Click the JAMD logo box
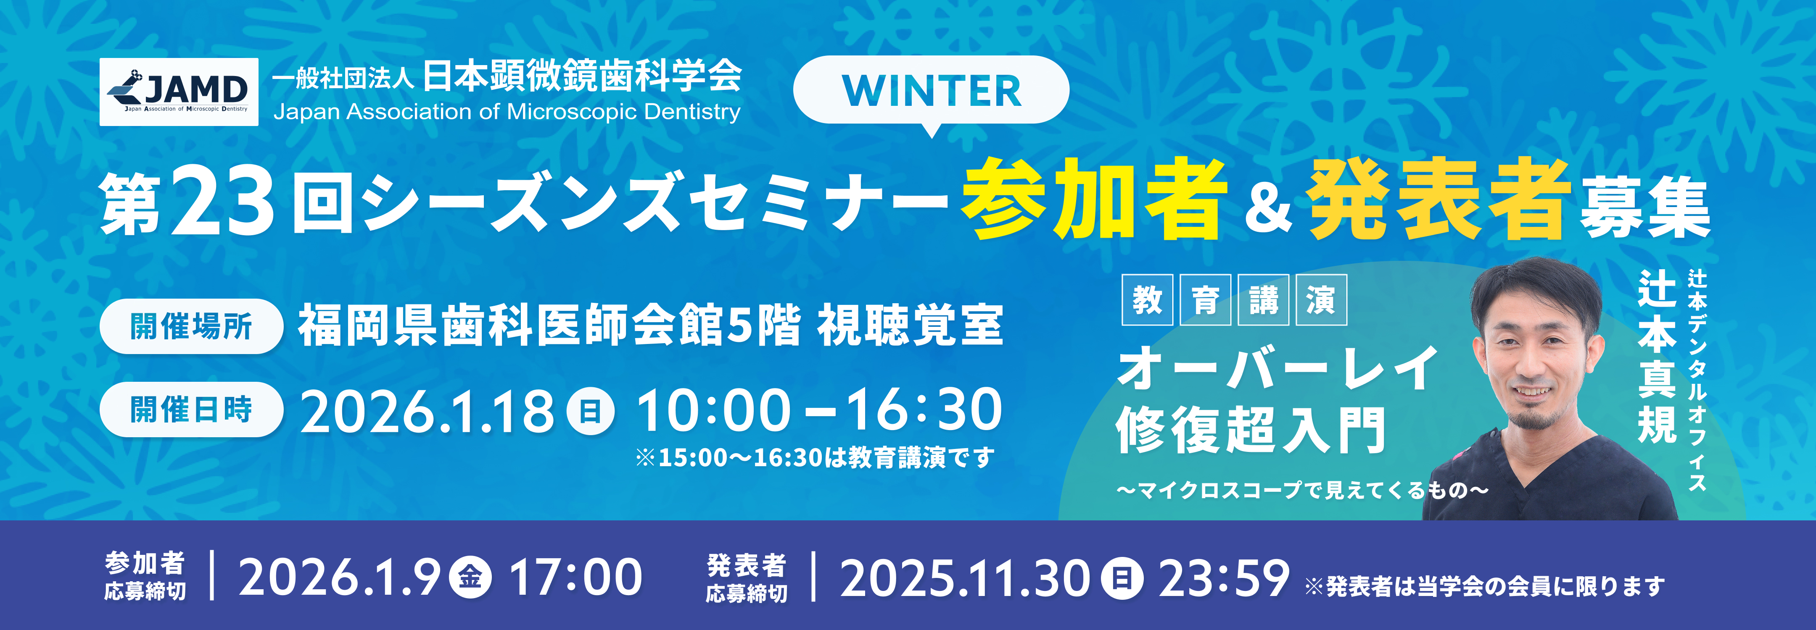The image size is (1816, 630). point(179,92)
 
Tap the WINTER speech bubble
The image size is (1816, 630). point(931,91)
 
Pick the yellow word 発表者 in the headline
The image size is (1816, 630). point(1438,199)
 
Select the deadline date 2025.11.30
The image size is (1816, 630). point(965,579)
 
